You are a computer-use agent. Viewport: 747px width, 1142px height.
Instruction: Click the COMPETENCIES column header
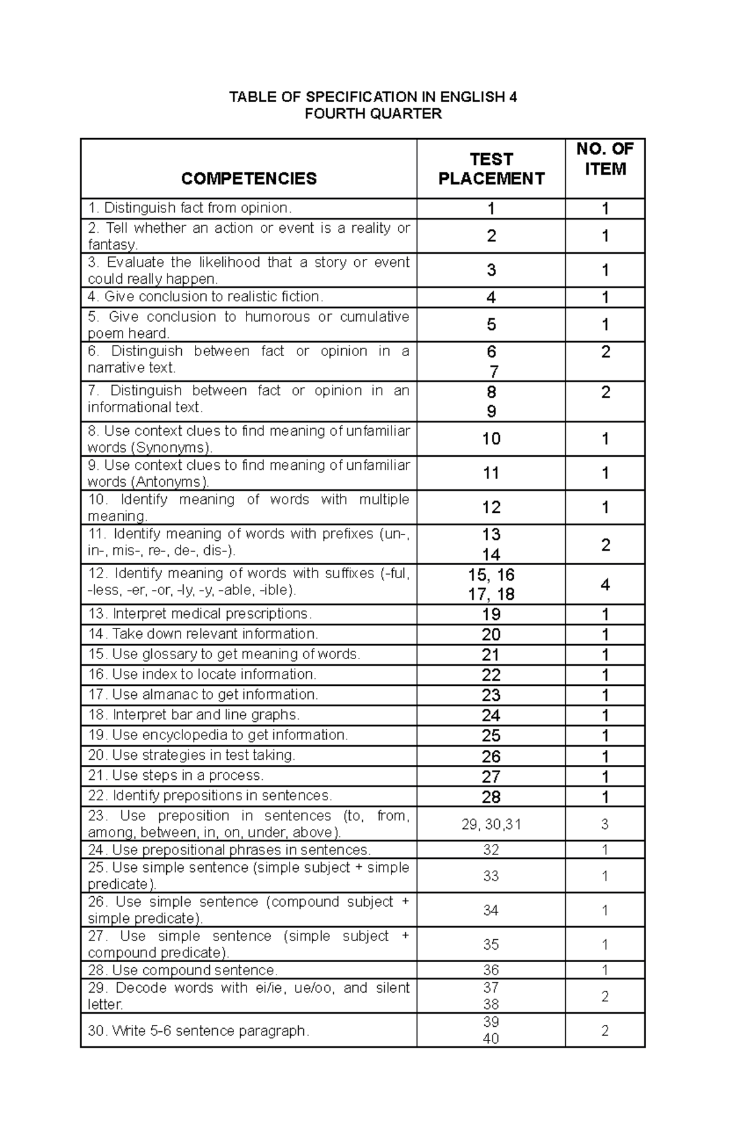click(248, 179)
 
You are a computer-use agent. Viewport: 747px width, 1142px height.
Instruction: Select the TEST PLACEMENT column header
click(491, 169)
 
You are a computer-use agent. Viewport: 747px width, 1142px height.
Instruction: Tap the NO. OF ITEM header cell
click(604, 159)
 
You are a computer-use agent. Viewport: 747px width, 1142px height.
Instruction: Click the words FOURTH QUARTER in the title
click(373, 113)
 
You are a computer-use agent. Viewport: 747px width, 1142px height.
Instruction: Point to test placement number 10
click(491, 439)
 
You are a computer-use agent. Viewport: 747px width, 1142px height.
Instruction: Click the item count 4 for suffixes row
click(604, 584)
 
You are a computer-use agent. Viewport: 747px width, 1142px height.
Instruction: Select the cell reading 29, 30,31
click(491, 824)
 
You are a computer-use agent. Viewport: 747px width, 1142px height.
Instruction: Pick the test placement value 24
click(491, 715)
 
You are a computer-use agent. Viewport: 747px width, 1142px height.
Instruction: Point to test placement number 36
click(491, 970)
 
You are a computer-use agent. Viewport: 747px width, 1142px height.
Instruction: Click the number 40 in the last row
click(491, 1039)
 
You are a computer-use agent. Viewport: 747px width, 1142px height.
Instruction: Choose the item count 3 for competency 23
click(604, 824)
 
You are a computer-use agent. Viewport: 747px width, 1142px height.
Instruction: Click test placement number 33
click(491, 876)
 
